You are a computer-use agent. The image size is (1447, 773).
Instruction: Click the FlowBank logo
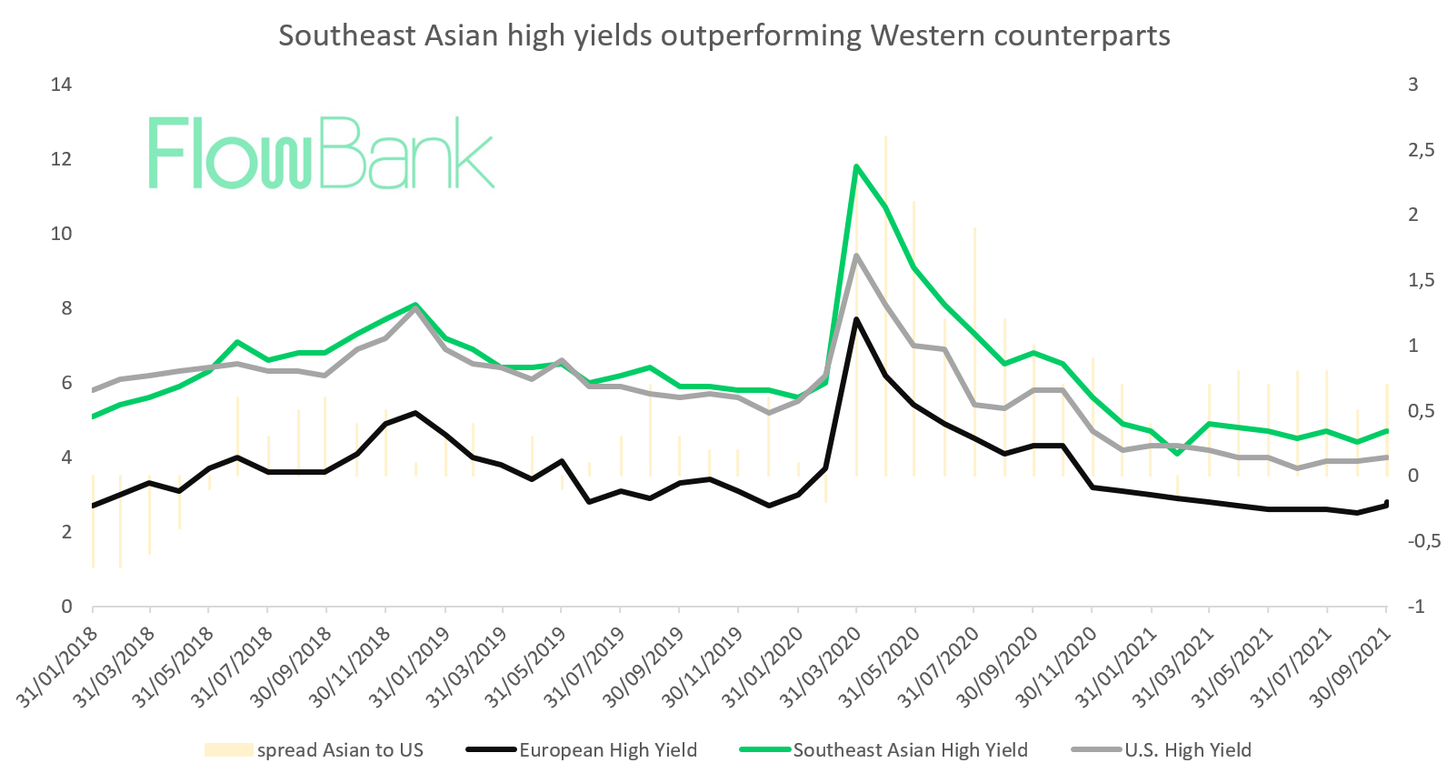321,153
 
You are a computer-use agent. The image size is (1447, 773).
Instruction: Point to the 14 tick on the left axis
62,85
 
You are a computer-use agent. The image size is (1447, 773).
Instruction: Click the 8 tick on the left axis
66,308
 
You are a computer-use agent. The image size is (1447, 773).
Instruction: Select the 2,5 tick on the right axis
1421,150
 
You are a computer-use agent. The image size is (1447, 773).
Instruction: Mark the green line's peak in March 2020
856,166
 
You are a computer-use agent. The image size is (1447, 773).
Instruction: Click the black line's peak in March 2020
856,319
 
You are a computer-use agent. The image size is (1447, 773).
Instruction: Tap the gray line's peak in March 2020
856,256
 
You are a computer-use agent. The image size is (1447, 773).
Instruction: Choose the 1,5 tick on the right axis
1421,280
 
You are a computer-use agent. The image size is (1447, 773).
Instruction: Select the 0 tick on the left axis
66,607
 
